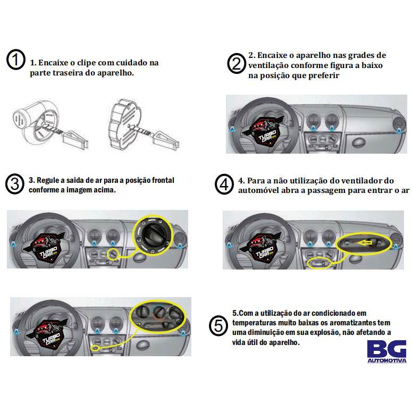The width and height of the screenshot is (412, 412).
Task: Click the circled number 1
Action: point(16,60)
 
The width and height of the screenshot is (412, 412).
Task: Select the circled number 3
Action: point(15,184)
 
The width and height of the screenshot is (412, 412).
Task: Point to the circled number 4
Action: point(224,184)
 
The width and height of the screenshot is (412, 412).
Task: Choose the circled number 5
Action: point(218,325)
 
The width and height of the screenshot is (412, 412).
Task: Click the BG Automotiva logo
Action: point(386,351)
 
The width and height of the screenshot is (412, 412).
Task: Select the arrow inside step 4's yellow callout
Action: point(364,243)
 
